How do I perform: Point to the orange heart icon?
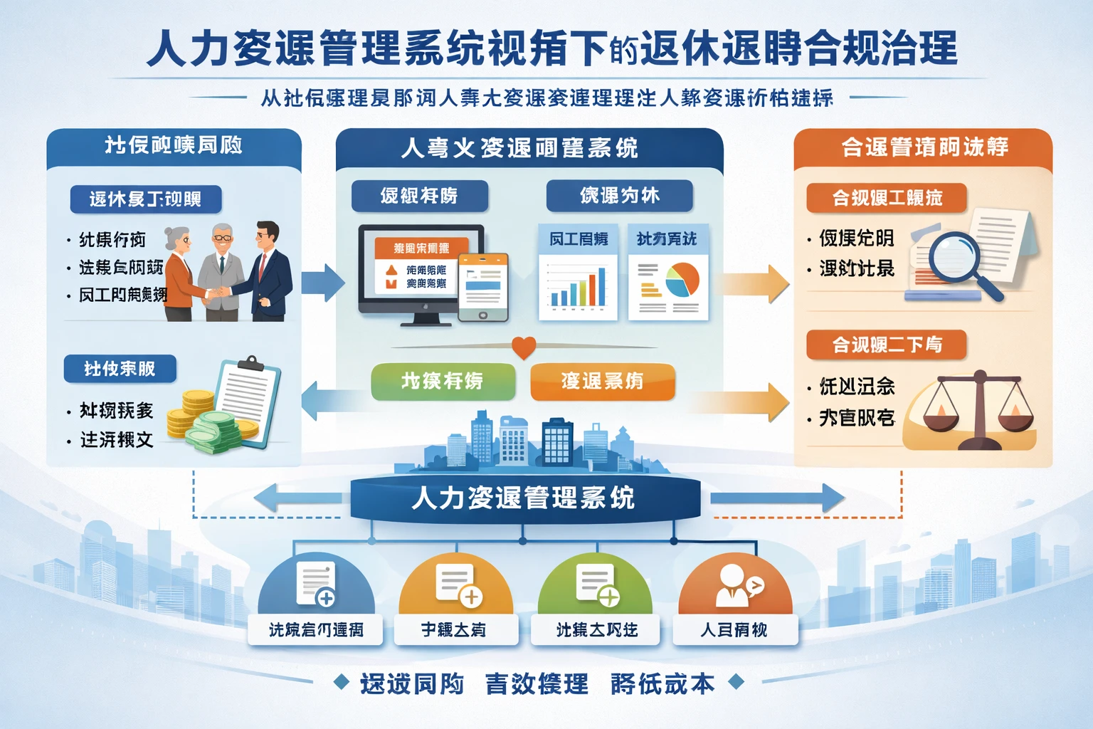coord(524,347)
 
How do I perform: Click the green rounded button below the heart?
coord(443,382)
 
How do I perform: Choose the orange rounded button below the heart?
coord(602,382)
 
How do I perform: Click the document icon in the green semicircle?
coord(596,584)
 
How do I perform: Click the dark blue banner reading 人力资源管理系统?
coord(525,498)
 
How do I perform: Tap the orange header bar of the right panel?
coord(923,147)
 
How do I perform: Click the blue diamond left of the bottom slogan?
coord(342,682)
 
